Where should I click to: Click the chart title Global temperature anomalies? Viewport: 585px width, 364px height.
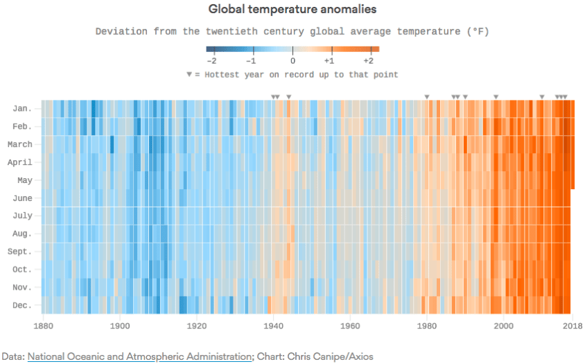(292, 10)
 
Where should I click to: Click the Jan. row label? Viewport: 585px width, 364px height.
(21, 109)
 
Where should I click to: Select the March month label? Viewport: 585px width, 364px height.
(19, 144)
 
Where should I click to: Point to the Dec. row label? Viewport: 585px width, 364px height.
(21, 304)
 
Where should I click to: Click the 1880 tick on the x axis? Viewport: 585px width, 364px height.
(43, 324)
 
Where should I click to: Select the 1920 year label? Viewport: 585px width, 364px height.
(197, 324)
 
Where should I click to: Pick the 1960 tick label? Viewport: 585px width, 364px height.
(351, 324)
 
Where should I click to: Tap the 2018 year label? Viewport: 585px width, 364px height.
(572, 324)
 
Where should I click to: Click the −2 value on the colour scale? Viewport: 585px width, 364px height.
(213, 61)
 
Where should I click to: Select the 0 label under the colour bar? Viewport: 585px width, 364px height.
(292, 61)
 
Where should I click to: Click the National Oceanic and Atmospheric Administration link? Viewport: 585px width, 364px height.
(139, 356)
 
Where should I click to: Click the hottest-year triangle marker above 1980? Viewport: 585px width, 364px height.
(427, 96)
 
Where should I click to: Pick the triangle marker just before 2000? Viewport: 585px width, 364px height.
(496, 96)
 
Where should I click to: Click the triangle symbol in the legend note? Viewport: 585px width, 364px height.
(189, 74)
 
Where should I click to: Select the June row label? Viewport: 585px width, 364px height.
(21, 198)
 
